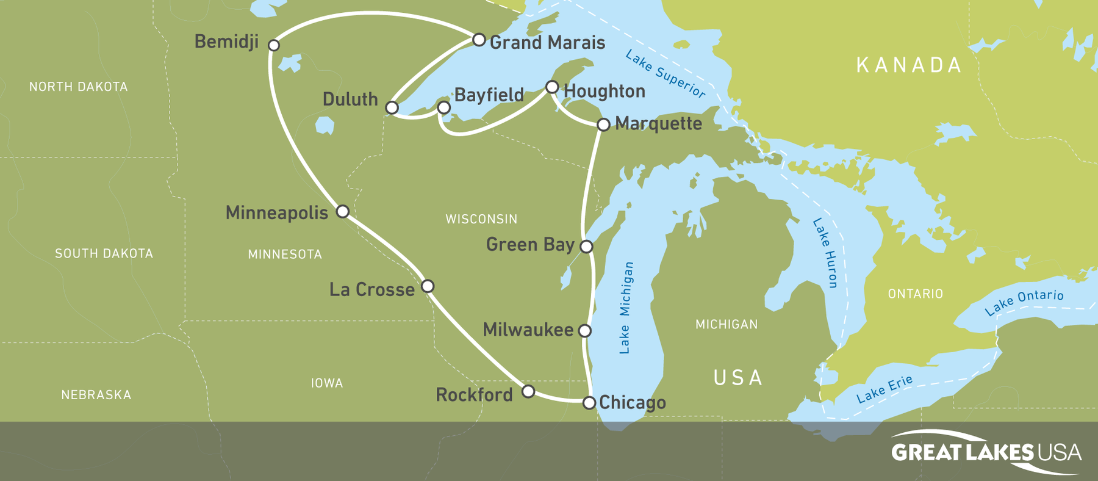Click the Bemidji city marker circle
[x=274, y=45]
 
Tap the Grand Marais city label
[x=547, y=42]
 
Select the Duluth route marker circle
[x=392, y=108]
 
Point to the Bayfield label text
[x=489, y=95]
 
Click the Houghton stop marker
[x=552, y=87]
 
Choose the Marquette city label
[x=658, y=123]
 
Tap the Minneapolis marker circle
[x=343, y=211]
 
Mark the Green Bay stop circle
[x=586, y=247]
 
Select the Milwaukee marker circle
[x=585, y=331]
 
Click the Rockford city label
[x=474, y=394]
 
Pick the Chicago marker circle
[x=589, y=403]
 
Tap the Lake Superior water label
[x=666, y=74]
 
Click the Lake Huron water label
[x=825, y=252]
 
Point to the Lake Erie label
[x=884, y=389]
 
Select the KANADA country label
[x=909, y=65]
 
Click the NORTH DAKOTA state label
[x=78, y=87]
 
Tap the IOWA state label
[x=327, y=383]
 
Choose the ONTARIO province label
[x=915, y=294]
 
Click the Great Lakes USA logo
[x=985, y=452]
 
